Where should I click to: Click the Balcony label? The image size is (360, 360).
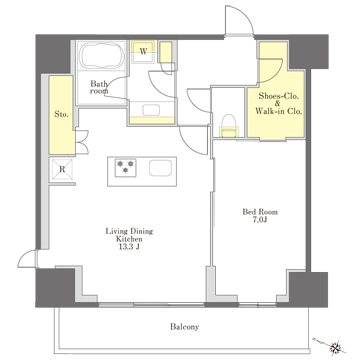coord(184,327)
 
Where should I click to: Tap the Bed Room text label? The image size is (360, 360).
coord(260,212)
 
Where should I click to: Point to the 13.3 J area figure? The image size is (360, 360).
coord(129,247)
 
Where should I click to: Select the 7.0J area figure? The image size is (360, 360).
coord(260,220)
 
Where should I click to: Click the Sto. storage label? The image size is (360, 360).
coord(61,114)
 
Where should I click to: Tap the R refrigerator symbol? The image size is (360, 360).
coord(62,169)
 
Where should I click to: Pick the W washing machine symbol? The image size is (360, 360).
coord(143,52)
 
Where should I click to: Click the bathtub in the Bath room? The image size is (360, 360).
coord(101,56)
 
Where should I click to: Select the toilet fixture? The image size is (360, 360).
coord(229,125)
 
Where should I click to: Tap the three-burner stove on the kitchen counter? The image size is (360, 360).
coord(125,166)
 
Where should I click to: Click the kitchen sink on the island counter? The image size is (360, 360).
coord(160,168)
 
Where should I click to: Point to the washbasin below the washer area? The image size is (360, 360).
coord(151,110)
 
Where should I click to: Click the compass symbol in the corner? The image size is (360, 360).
coord(336,347)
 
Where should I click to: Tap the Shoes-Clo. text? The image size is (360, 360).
coord(279,97)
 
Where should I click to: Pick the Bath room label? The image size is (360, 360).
coord(100,87)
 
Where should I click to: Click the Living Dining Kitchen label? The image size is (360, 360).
coord(129,235)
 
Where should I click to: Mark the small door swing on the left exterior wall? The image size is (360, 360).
coord(28,259)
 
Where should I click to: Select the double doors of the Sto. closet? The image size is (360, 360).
coord(82,142)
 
